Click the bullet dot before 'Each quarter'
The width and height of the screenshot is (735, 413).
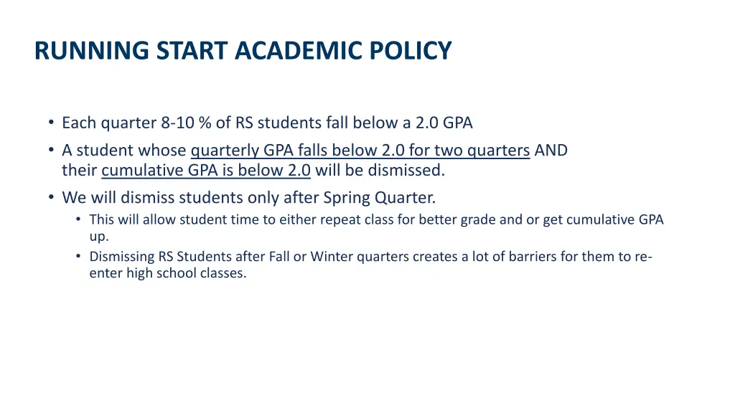click(52, 123)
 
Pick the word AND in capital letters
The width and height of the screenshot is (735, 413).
click(551, 151)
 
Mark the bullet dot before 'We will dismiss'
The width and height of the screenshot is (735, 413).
click(52, 197)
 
